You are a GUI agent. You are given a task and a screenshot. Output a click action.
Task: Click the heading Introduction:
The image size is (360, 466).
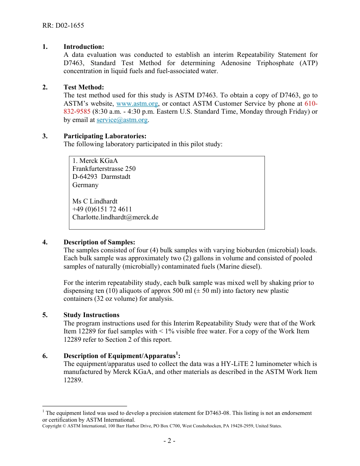(x=84, y=47)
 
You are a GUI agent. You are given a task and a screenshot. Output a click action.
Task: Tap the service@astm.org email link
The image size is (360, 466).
(x=122, y=120)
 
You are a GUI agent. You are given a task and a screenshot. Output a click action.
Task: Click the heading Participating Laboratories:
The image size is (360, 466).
(x=105, y=136)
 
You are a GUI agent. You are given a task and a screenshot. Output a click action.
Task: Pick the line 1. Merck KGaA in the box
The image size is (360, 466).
(x=95, y=161)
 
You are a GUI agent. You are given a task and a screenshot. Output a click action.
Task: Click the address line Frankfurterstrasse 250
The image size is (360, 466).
(x=104, y=169)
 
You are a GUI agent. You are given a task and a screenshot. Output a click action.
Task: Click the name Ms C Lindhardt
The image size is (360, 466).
(x=95, y=201)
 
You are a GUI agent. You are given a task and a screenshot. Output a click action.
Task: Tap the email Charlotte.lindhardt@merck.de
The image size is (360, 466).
(x=115, y=217)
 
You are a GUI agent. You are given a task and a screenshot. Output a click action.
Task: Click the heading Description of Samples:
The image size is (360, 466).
(x=99, y=242)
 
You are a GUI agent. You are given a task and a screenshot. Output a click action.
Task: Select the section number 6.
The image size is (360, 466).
(x=45, y=356)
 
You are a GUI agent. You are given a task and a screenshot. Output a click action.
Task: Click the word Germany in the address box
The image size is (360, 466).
(x=85, y=185)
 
